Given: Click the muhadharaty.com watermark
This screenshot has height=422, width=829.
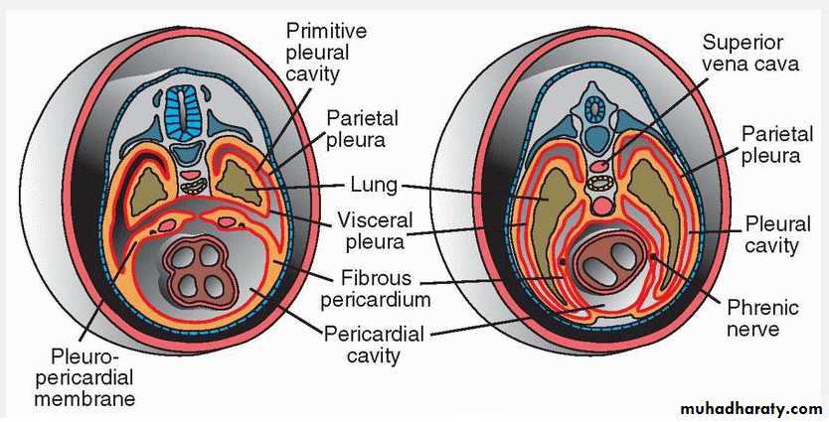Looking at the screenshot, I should point(748,408).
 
